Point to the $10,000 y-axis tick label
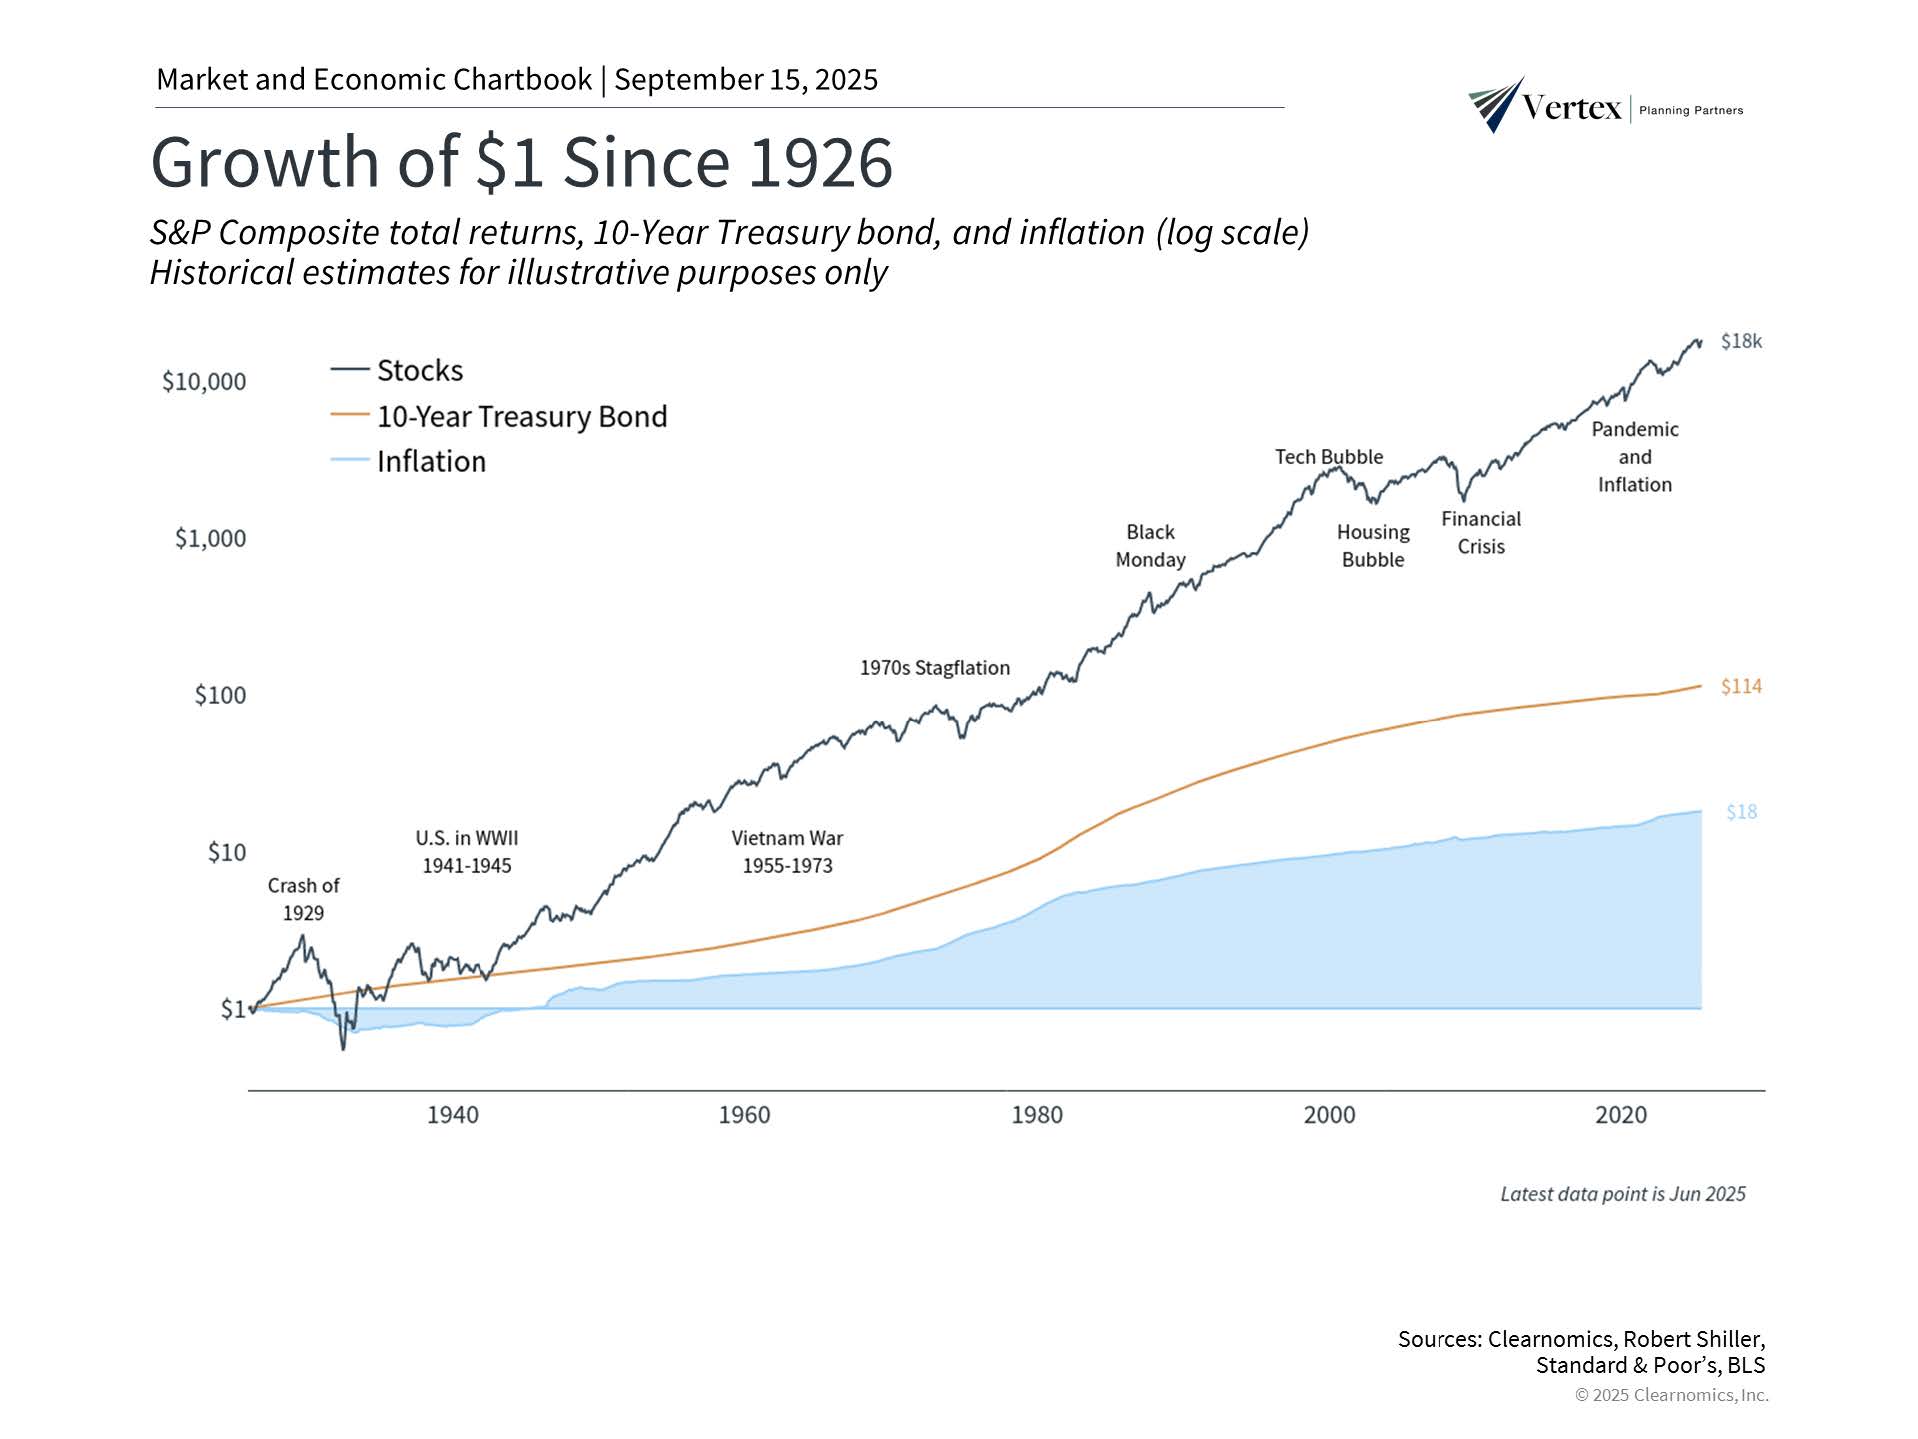204,381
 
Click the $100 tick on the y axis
220,695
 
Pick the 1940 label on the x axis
452,1115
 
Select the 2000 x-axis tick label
1329,1115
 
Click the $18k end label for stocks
1741,341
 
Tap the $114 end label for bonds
1741,686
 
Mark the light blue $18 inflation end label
1741,812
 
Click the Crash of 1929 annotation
303,899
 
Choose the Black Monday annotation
1150,546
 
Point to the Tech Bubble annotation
1328,457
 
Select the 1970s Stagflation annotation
935,668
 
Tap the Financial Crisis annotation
1480,532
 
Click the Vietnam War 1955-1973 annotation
787,852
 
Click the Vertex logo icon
1496,104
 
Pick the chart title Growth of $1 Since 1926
521,162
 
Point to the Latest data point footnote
1622,1194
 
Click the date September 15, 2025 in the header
746,80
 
